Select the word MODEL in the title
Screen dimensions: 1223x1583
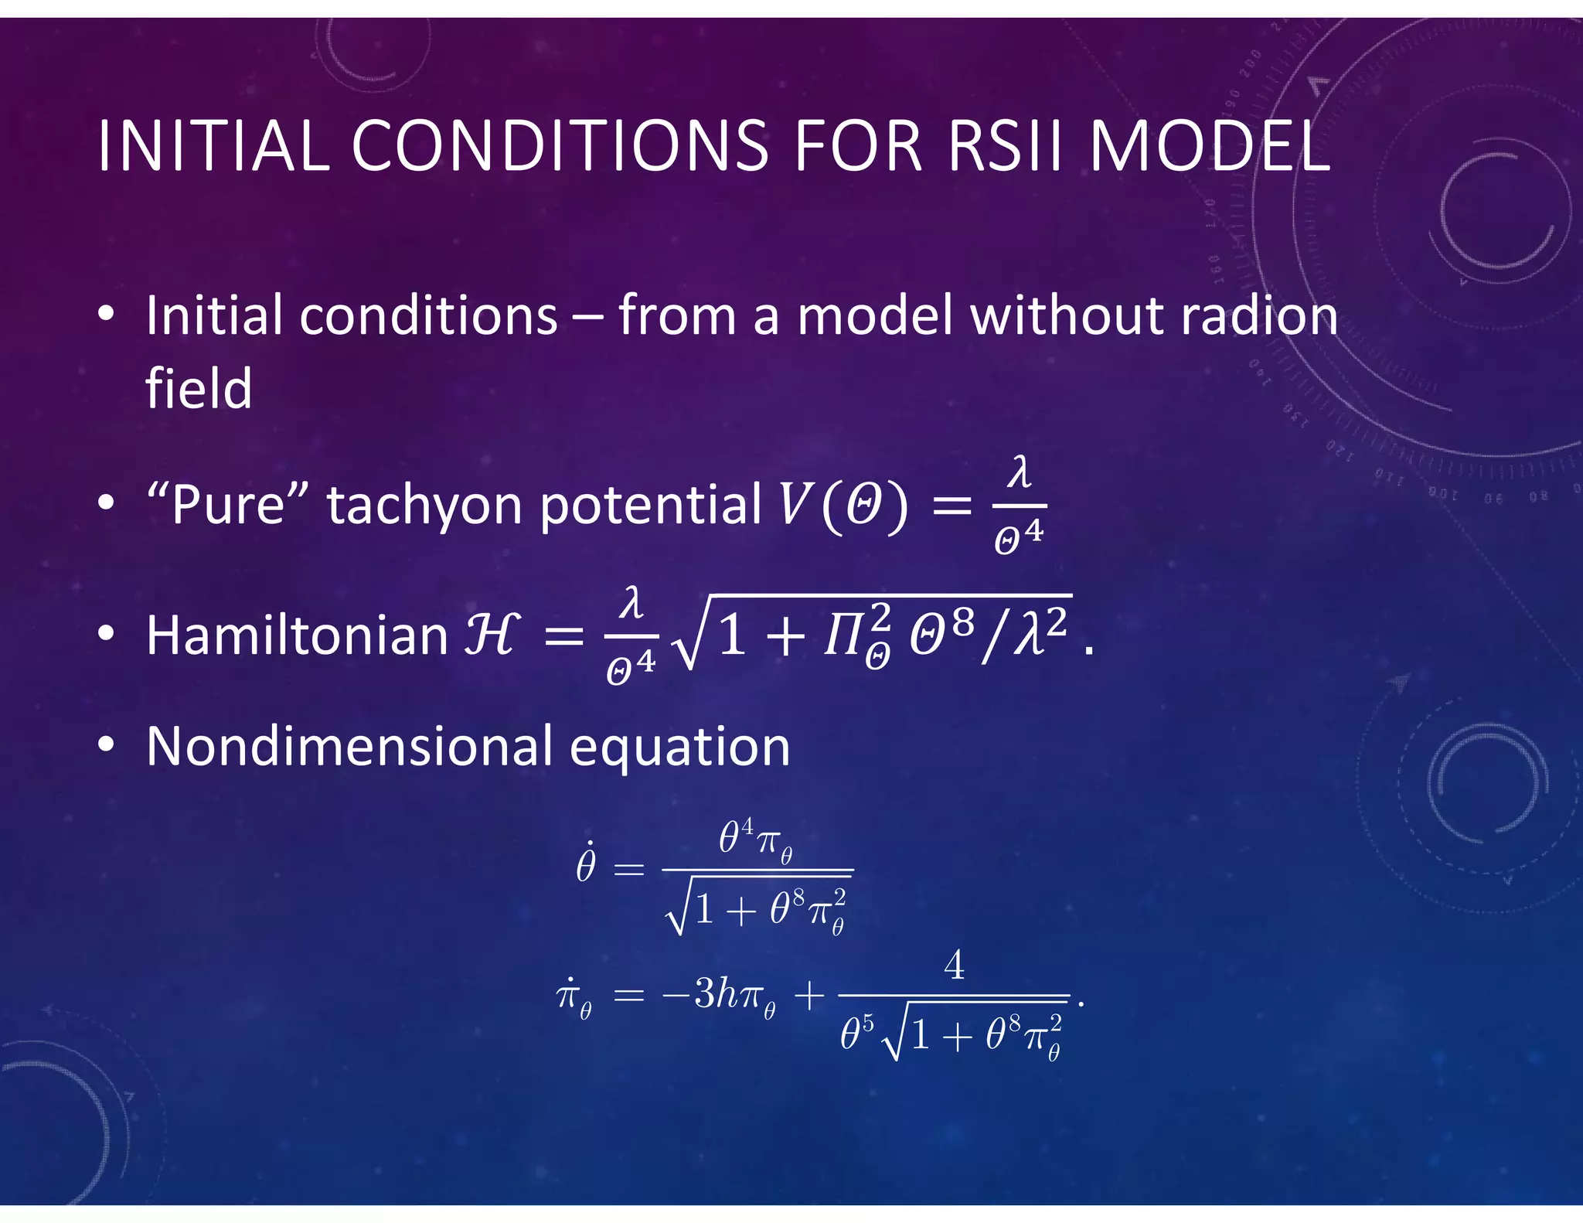(x=1210, y=146)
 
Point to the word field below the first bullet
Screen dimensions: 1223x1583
(x=199, y=388)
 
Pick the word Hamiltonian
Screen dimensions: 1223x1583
(x=298, y=635)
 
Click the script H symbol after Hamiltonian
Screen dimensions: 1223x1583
(x=490, y=635)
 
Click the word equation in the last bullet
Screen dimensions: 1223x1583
(x=679, y=748)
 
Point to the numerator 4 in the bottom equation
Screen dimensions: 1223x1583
(x=955, y=965)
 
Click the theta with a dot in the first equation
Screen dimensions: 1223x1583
(x=586, y=864)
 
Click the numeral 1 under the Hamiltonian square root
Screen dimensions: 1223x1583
(x=731, y=639)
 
